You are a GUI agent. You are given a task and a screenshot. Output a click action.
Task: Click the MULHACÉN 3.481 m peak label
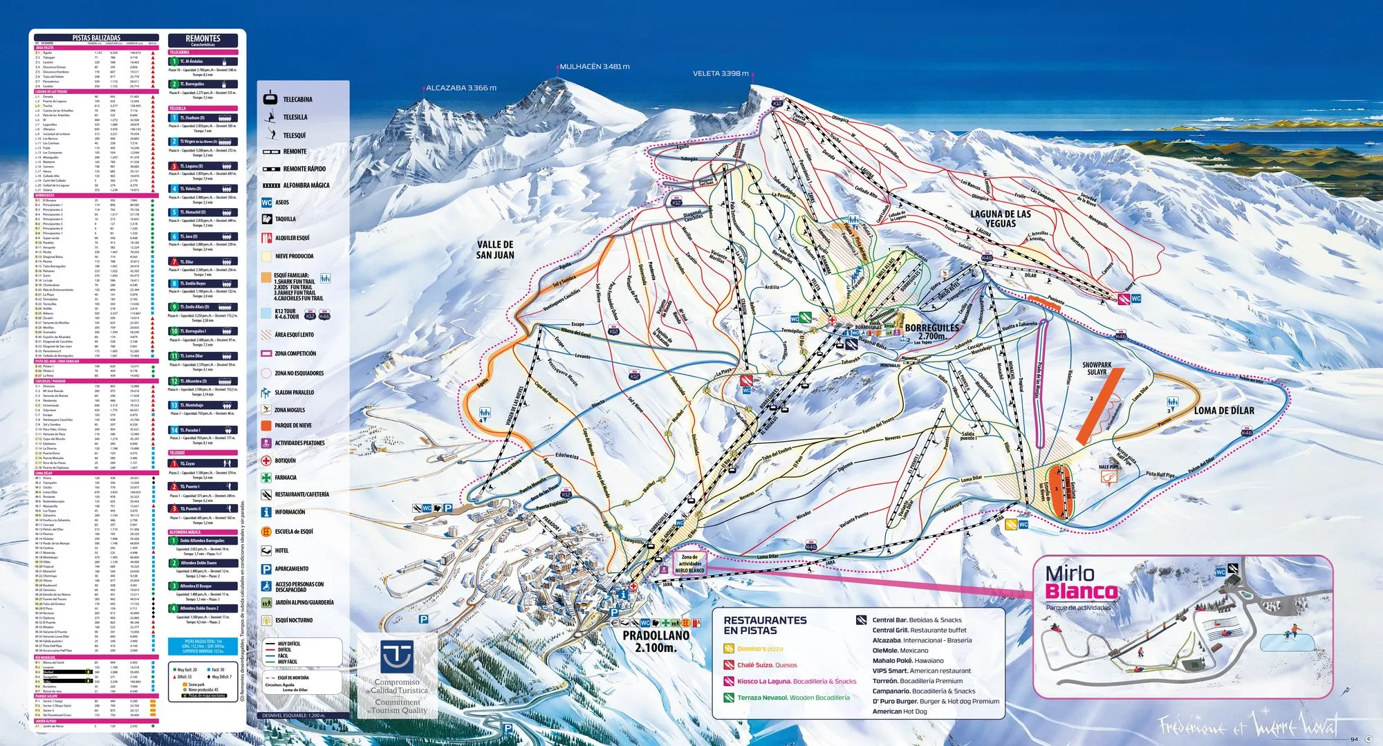[x=594, y=66]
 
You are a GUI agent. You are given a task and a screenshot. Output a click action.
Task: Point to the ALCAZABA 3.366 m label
[x=461, y=88]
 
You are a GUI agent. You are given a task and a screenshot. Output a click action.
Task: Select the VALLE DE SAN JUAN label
[x=495, y=250]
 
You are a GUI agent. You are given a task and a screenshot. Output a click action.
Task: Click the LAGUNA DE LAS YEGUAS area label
[x=1000, y=218]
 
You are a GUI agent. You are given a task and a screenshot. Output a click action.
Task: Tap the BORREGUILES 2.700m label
[x=931, y=331]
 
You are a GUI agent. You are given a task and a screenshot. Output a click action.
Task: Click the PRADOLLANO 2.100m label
[x=656, y=641]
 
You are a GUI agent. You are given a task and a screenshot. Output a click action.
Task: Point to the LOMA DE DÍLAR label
[x=1223, y=411]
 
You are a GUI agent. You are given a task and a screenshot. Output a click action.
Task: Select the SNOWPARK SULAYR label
[x=1097, y=368]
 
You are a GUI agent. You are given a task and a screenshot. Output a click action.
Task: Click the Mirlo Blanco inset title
[x=1080, y=582]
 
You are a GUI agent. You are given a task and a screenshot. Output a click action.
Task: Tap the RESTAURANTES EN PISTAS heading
[x=765, y=625]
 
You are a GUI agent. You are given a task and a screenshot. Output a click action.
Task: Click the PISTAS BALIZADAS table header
[x=96, y=38]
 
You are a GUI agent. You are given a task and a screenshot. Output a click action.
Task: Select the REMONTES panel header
[x=203, y=39]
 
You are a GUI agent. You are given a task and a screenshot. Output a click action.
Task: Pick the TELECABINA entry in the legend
[x=297, y=100]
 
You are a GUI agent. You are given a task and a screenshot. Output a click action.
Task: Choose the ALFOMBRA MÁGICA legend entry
[x=306, y=185]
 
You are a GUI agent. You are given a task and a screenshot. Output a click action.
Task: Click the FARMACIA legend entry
[x=286, y=478]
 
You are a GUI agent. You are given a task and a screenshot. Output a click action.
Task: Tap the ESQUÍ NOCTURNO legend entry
[x=294, y=620]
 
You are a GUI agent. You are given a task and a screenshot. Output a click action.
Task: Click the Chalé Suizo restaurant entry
[x=766, y=665]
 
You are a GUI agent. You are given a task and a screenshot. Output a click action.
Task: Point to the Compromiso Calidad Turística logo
[x=398, y=674]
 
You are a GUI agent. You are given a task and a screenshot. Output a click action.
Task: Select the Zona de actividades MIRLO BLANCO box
[x=689, y=563]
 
